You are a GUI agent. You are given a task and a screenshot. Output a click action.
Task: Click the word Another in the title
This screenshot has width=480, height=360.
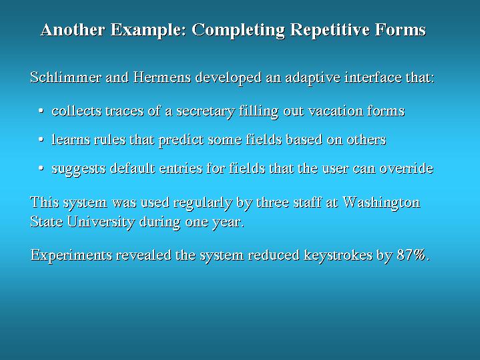click(73, 29)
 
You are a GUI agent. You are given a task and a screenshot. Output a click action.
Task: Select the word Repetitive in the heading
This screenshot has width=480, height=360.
click(330, 30)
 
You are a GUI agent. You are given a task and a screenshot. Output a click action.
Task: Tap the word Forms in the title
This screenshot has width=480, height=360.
click(401, 29)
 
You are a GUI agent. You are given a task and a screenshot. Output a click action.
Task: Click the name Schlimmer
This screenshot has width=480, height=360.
click(65, 77)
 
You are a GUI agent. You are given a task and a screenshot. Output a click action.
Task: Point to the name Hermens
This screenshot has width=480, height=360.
click(162, 77)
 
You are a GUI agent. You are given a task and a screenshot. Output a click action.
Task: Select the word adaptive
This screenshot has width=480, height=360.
click(312, 78)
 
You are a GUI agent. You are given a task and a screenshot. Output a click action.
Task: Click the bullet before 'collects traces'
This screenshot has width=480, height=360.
click(41, 111)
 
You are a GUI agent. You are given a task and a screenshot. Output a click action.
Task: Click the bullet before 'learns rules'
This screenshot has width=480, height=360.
click(41, 140)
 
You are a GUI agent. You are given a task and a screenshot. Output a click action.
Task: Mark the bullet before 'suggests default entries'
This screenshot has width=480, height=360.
click(41, 168)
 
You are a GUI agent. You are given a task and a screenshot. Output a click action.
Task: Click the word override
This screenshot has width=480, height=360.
click(407, 168)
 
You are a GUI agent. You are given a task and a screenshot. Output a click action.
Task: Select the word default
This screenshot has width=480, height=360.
click(132, 168)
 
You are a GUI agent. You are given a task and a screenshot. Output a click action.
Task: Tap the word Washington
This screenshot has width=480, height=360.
click(381, 203)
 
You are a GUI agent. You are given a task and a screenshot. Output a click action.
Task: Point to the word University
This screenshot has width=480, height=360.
click(101, 222)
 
